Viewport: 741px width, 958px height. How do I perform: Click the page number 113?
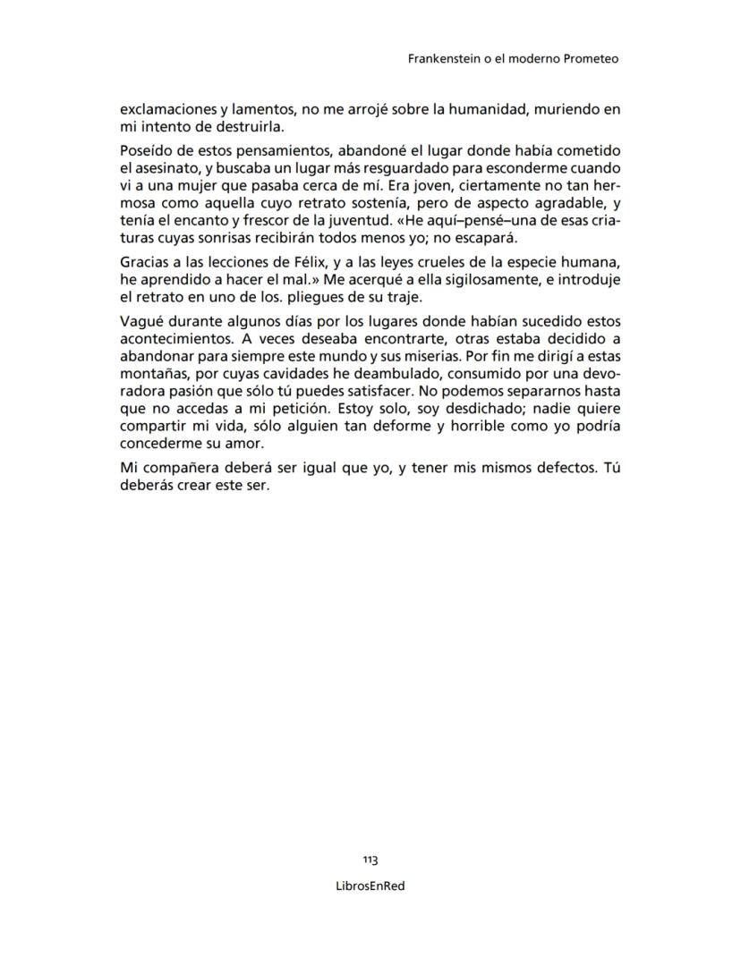click(370, 860)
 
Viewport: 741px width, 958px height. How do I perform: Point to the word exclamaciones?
click(166, 110)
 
